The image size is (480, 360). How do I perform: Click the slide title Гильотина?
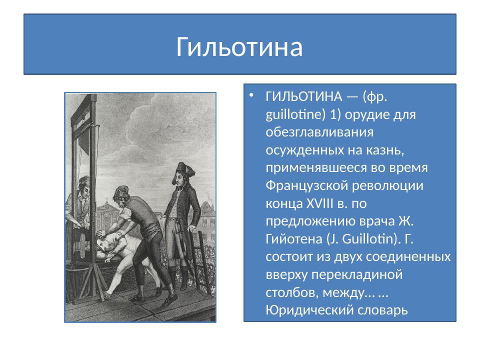pos(239,47)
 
